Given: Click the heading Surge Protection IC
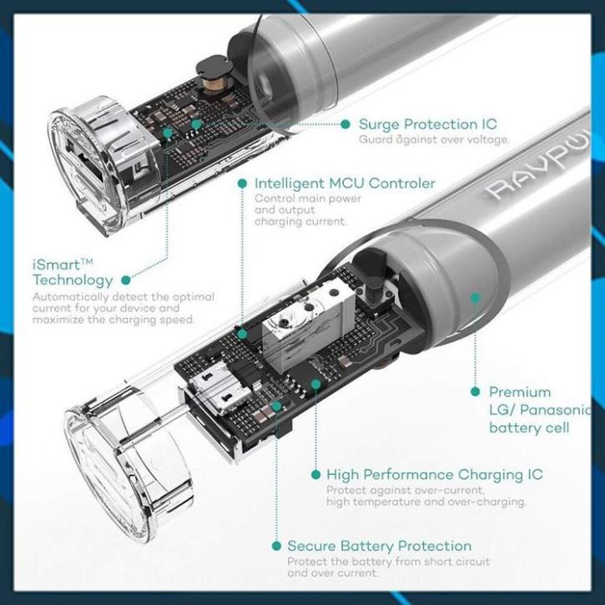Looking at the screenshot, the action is (x=428, y=124).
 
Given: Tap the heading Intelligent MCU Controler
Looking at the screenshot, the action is (x=345, y=184).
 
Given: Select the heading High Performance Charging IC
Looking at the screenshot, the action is (x=435, y=475).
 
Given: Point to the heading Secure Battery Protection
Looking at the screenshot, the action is (x=380, y=546).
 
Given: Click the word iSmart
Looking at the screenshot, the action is (x=58, y=265).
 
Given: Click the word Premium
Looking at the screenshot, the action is (x=520, y=392).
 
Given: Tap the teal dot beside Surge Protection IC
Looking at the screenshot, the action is (x=345, y=124).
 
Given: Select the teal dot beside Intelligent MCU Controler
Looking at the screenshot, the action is (x=242, y=184).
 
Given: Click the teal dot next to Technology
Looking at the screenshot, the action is (x=126, y=280).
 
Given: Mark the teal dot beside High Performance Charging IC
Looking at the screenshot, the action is (x=315, y=475).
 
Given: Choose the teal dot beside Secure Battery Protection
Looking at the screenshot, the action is (x=276, y=546).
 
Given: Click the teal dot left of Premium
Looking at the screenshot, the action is (x=476, y=392).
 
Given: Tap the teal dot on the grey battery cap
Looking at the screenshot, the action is (x=476, y=297).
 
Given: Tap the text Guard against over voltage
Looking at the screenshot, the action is (x=434, y=139).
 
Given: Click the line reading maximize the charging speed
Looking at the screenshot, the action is (x=113, y=320).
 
